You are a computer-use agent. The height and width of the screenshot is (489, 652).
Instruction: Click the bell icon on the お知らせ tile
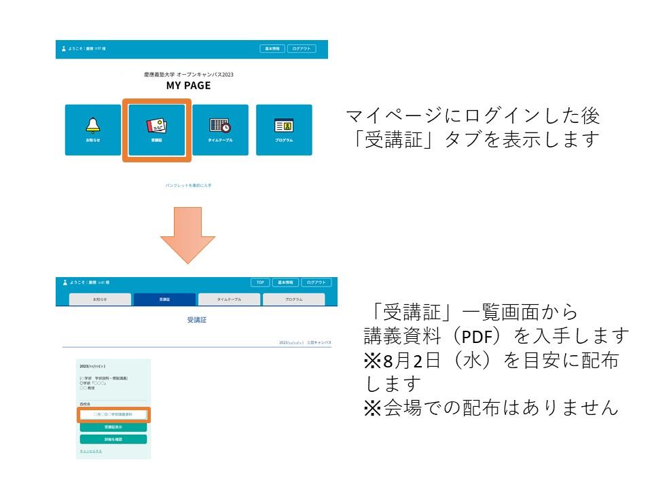pyautogui.click(x=93, y=125)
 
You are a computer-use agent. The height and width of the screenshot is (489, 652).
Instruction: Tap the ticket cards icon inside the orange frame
pyautogui.click(x=157, y=126)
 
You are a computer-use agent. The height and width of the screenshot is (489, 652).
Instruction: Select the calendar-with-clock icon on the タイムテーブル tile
pyautogui.click(x=220, y=126)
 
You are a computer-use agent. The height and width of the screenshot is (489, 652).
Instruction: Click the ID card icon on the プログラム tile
pyautogui.click(x=284, y=126)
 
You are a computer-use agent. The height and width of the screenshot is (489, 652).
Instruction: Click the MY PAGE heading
pyautogui.click(x=188, y=86)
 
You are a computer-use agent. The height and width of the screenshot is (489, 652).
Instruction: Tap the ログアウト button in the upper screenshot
pyautogui.click(x=302, y=49)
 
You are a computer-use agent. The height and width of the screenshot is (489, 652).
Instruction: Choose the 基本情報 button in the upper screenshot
pyautogui.click(x=272, y=49)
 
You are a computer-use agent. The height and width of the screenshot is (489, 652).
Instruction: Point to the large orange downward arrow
pyautogui.click(x=187, y=235)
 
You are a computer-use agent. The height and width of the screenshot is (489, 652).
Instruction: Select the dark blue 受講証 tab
pyautogui.click(x=164, y=300)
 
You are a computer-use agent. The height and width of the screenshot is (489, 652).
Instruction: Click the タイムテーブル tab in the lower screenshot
pyautogui.click(x=229, y=300)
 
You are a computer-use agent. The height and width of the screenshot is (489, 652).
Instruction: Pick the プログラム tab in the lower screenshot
pyautogui.click(x=293, y=300)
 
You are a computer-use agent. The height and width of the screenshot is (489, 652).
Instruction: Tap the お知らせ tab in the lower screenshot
pyautogui.click(x=100, y=300)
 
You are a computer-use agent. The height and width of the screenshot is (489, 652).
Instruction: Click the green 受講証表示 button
pyautogui.click(x=113, y=427)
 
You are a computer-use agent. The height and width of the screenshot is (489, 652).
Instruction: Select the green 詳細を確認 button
pyautogui.click(x=113, y=439)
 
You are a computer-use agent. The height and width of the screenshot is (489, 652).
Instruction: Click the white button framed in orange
pyautogui.click(x=113, y=414)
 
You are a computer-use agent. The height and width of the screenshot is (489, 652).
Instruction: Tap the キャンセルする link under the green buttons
pyautogui.click(x=91, y=451)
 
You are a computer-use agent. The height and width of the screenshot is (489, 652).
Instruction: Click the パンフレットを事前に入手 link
pyautogui.click(x=188, y=185)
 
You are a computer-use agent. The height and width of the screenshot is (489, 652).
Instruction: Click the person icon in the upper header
pyautogui.click(x=64, y=49)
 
